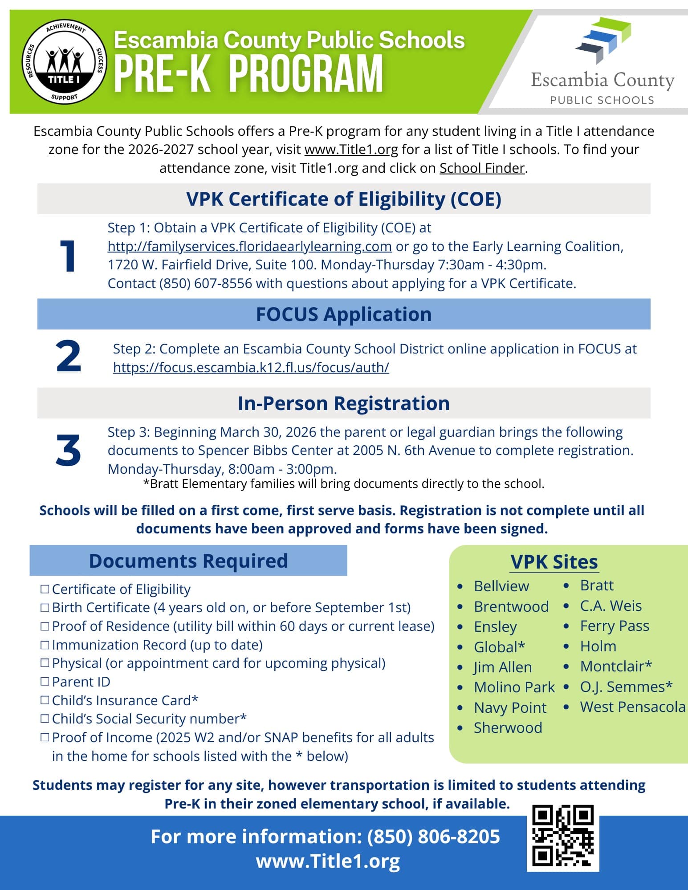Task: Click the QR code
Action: click(563, 837)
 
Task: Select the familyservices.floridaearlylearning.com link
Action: click(249, 246)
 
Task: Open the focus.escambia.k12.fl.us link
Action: click(251, 367)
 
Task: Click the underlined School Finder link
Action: click(482, 168)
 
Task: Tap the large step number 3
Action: click(68, 451)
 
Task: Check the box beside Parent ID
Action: click(45, 681)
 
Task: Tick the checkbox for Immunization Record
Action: click(45, 644)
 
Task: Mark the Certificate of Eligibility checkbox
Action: click(45, 589)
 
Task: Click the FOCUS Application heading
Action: click(343, 314)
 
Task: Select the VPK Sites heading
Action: click(554, 562)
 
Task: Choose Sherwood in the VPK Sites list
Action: click(508, 727)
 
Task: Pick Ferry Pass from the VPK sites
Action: click(615, 626)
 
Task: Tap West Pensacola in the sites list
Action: click(632, 707)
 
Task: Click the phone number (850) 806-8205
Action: click(433, 837)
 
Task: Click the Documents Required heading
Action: click(188, 561)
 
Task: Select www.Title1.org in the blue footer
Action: click(328, 861)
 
